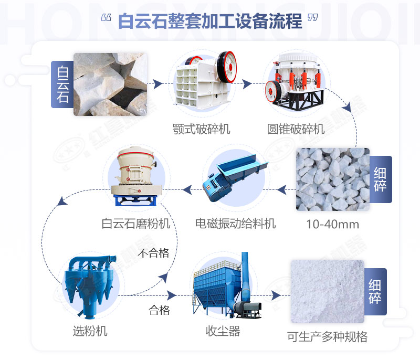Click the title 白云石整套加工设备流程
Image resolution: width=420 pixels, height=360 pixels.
point(210,22)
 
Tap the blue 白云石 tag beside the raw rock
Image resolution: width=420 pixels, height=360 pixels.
point(62,84)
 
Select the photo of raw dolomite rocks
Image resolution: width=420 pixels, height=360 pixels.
point(110,84)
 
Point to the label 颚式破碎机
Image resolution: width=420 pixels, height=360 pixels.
point(202,129)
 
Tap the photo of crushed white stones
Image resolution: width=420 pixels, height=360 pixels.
point(333,179)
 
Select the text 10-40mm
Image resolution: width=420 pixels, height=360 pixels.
point(333,225)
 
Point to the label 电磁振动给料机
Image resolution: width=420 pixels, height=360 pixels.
point(235,224)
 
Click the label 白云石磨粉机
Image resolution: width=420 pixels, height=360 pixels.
point(136,224)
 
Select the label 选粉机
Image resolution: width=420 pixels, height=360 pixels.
point(90,331)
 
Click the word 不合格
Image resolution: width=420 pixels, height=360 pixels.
point(153,253)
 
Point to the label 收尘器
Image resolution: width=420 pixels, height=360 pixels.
point(223,331)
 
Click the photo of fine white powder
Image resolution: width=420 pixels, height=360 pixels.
point(327,291)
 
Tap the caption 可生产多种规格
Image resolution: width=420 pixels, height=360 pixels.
point(327,336)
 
